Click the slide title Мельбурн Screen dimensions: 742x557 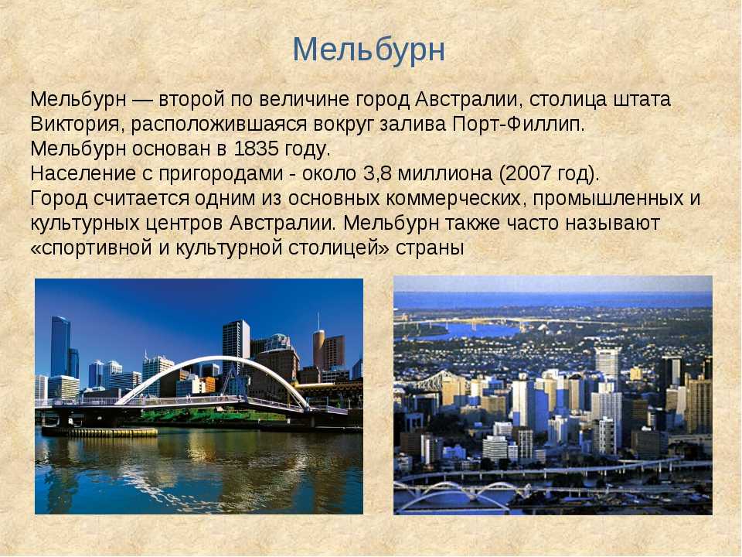pyautogui.click(x=369, y=50)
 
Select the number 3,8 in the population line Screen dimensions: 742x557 pyautogui.click(x=378, y=174)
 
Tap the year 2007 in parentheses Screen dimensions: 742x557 pyautogui.click(x=529, y=174)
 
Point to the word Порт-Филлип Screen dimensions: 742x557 pyautogui.click(x=519, y=124)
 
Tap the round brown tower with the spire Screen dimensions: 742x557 pyautogui.click(x=318, y=347)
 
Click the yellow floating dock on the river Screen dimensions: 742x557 pyautogui.click(x=100, y=432)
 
